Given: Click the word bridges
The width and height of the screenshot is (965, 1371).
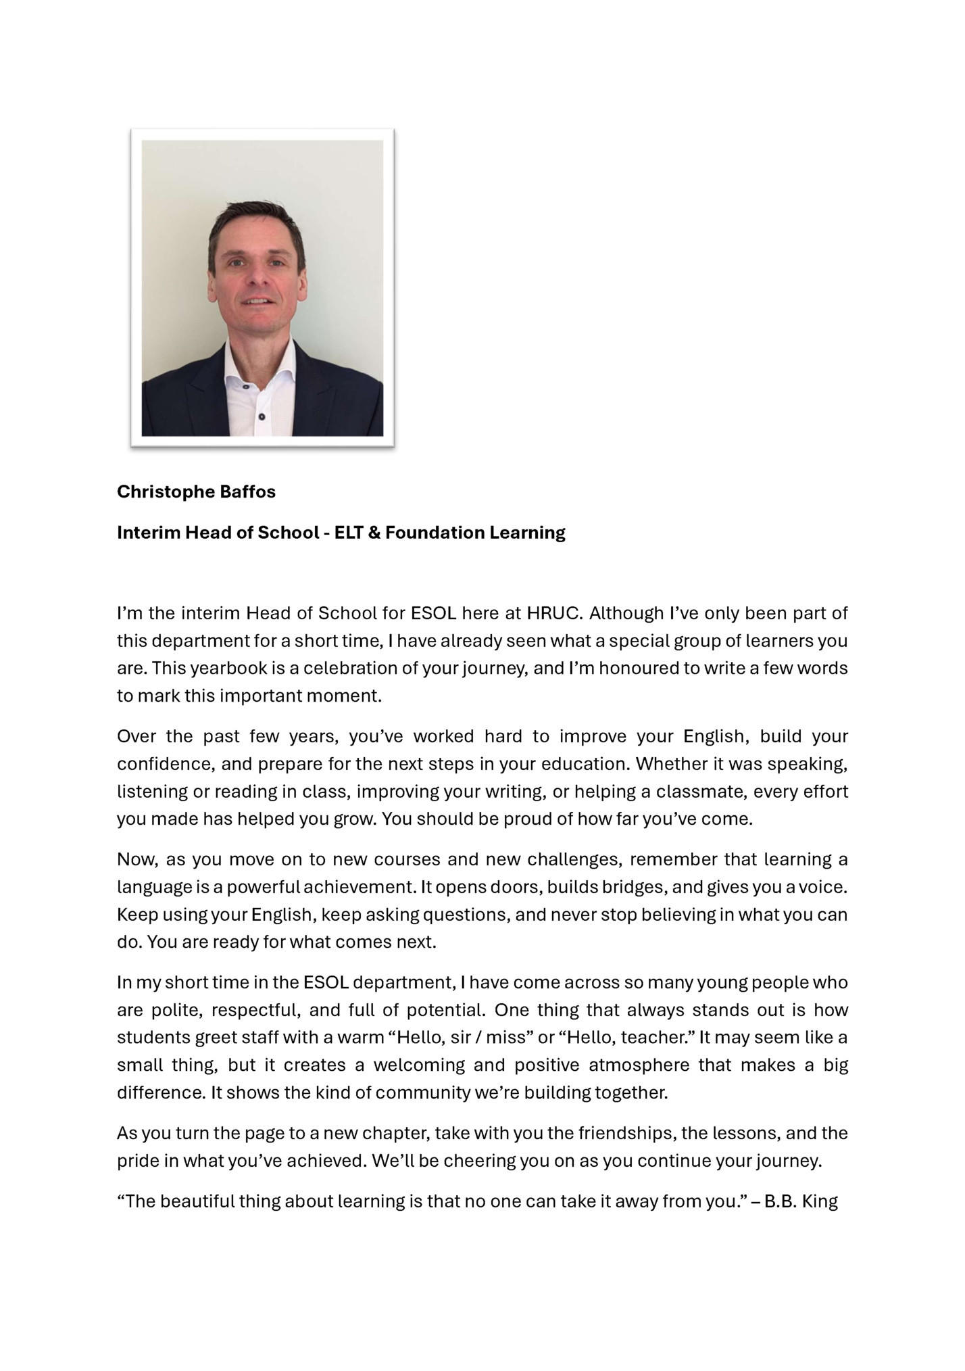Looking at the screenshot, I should [x=633, y=886].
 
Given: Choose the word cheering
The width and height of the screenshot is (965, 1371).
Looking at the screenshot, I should [x=478, y=1161].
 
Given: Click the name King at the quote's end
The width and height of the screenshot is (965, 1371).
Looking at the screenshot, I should [x=820, y=1201].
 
